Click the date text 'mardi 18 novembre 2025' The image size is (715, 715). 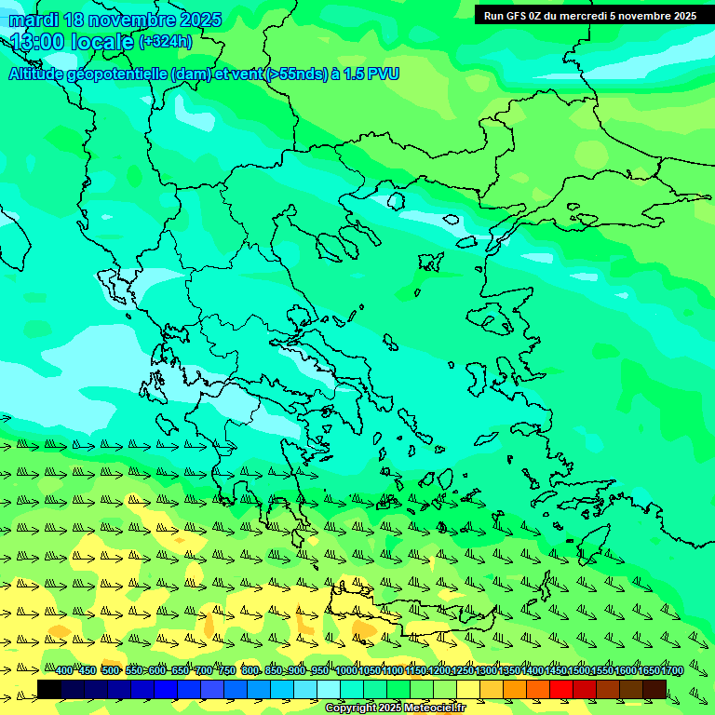115,20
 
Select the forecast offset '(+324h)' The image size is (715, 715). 166,42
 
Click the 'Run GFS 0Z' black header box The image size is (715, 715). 590,16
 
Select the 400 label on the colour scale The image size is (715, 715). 63,671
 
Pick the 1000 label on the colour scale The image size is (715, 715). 346,671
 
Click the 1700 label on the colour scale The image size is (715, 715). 672,671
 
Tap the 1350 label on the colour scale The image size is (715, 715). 509,671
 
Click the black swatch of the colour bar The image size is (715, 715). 49,689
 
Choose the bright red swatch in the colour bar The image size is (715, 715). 561,689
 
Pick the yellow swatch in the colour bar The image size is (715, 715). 468,689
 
